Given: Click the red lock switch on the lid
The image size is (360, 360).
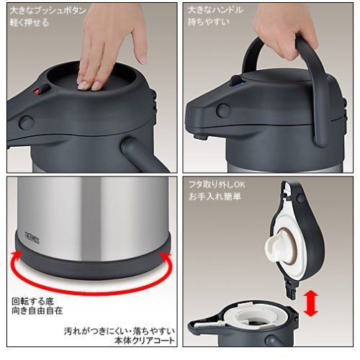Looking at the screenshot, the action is pyautogui.click(x=38, y=91).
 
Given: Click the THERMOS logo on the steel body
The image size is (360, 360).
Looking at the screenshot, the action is pyautogui.click(x=32, y=238).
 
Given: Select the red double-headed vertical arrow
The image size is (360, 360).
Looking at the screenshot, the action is pyautogui.click(x=310, y=303).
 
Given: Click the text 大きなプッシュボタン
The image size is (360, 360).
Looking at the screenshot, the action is pyautogui.click(x=48, y=11).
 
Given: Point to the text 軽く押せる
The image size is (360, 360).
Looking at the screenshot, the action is pyautogui.click(x=30, y=23).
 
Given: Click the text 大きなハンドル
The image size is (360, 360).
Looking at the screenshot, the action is pyautogui.click(x=215, y=10).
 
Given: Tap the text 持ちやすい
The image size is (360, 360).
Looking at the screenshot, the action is pyautogui.click(x=209, y=22).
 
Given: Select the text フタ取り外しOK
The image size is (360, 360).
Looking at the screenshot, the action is pyautogui.click(x=217, y=184).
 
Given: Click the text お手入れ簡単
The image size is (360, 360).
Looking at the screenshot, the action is pyautogui.click(x=215, y=197).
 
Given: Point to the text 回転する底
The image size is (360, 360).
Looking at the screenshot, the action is pyautogui.click(x=33, y=301).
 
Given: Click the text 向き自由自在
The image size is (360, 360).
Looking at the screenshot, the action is pyautogui.click(x=37, y=311).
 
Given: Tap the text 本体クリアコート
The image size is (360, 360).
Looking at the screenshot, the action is pyautogui.click(x=144, y=341).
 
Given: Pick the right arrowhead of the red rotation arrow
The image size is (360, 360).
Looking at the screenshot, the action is pyautogui.click(x=166, y=256).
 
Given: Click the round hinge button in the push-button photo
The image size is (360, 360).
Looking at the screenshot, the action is pyautogui.click(x=27, y=122).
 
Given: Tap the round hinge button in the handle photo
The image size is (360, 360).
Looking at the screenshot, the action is pyautogui.click(x=223, y=110).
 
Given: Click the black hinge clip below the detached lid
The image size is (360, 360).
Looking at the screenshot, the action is pyautogui.click(x=291, y=289).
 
